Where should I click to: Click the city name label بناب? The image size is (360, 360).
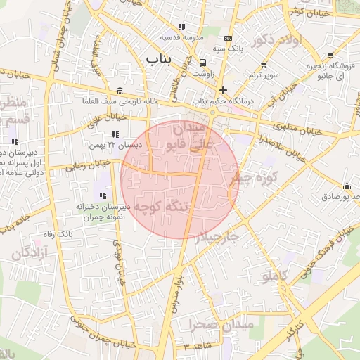tap(158, 59)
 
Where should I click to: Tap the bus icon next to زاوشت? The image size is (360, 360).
tap(202, 62)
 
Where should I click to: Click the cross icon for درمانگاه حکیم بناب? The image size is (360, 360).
tap(223, 90)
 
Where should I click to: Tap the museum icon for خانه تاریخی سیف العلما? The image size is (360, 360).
tap(120, 91)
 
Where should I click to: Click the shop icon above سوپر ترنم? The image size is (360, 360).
tap(264, 65)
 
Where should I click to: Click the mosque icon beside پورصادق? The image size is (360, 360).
tap(347, 186)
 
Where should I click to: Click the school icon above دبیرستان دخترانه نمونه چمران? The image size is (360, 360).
tap(103, 195)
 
